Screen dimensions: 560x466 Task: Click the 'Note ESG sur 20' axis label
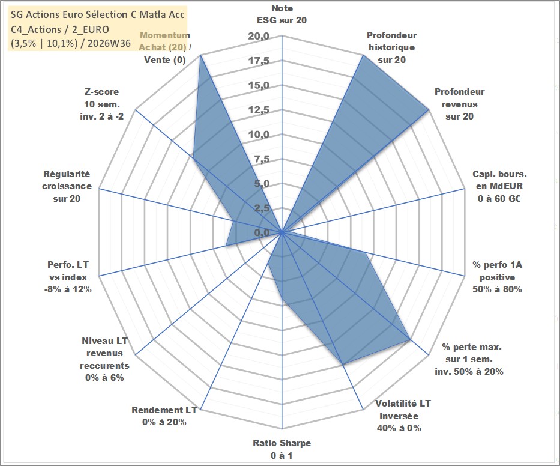pyautogui.click(x=282, y=14)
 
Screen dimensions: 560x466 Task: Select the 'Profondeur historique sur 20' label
pyautogui.click(x=392, y=47)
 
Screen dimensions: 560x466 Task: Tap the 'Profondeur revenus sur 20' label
pyautogui.click(x=459, y=104)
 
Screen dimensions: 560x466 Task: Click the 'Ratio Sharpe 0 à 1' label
pyautogui.click(x=282, y=449)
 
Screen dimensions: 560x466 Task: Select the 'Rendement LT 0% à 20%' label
pyautogui.click(x=164, y=416)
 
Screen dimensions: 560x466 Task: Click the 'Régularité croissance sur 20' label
pyautogui.click(x=67, y=186)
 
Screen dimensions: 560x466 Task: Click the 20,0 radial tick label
pyautogui.click(x=259, y=36)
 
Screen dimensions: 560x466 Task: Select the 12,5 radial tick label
pyautogui.click(x=259, y=110)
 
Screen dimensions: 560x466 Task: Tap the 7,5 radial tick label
pyautogui.click(x=262, y=159)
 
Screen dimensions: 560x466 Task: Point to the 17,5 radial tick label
pyautogui.click(x=259, y=61)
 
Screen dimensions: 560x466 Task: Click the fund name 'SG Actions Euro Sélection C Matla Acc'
pyautogui.click(x=98, y=14)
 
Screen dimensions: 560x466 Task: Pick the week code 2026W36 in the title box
pyautogui.click(x=109, y=43)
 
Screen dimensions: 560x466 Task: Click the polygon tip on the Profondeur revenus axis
pyautogui.click(x=427, y=110)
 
